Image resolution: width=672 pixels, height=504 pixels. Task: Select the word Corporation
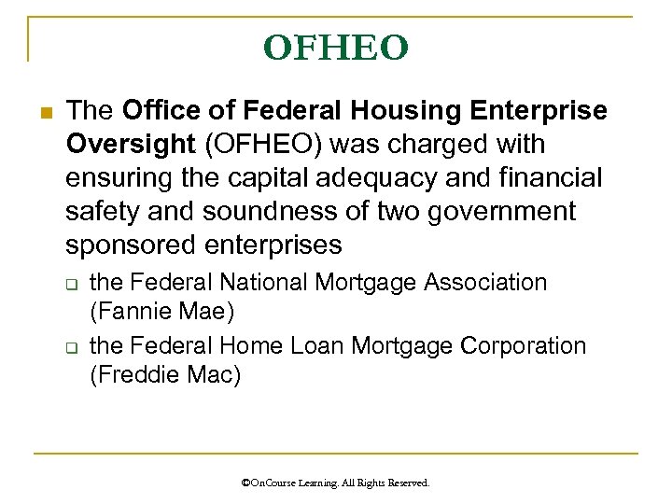(524, 345)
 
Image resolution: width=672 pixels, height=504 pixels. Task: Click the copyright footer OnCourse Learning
(336, 483)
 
